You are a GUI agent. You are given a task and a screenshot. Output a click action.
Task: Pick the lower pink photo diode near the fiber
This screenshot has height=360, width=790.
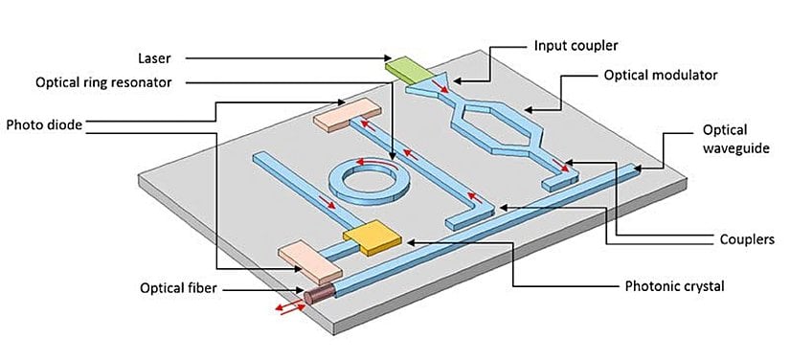point(305,254)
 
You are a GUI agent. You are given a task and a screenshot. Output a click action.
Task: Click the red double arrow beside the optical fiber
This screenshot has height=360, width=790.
point(284,307)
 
